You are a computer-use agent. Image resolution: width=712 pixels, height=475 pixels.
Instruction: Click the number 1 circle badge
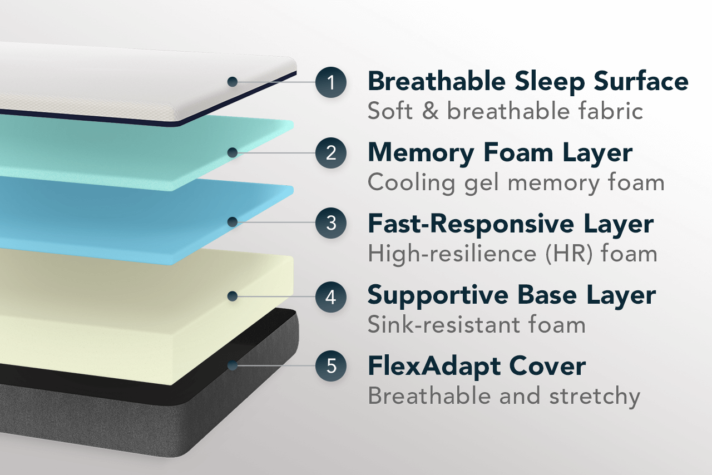pyautogui.click(x=331, y=82)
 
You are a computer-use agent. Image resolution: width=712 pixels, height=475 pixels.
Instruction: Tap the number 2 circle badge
pyautogui.click(x=331, y=152)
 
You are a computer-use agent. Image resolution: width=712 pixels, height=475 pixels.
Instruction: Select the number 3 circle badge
pyautogui.click(x=331, y=223)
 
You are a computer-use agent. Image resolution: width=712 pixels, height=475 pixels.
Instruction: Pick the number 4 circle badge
pyautogui.click(x=331, y=296)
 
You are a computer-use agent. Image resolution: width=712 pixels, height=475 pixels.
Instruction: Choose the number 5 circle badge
pyautogui.click(x=331, y=365)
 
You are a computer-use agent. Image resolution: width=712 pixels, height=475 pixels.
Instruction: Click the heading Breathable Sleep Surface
pyautogui.click(x=528, y=82)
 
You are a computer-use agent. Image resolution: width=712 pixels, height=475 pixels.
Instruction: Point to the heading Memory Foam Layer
pyautogui.click(x=500, y=154)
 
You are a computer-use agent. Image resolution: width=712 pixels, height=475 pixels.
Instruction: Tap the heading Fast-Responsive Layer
pyautogui.click(x=511, y=224)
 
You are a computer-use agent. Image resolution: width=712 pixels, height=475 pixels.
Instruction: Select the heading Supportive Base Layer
pyautogui.click(x=511, y=296)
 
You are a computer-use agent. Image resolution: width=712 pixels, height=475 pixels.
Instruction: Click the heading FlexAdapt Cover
pyautogui.click(x=477, y=367)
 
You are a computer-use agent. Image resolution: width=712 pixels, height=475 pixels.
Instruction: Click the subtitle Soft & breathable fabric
pyautogui.click(x=506, y=111)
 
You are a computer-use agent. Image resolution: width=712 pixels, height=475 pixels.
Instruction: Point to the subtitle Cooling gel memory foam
pyautogui.click(x=516, y=183)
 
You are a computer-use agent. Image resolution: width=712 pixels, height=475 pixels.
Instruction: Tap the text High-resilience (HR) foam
pyautogui.click(x=512, y=254)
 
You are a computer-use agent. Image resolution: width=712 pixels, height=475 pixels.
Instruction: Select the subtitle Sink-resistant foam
pyautogui.click(x=477, y=325)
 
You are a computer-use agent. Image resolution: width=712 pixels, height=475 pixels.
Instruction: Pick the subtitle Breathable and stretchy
pyautogui.click(x=504, y=397)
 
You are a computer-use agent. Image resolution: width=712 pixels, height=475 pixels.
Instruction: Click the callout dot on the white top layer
pyautogui.click(x=233, y=82)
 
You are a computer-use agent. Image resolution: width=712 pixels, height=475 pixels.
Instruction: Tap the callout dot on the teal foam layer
pyautogui.click(x=233, y=152)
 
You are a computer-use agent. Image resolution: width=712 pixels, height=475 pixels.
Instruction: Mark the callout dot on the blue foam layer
pyautogui.click(x=233, y=222)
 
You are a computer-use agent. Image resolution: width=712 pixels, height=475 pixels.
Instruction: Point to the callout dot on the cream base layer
pyautogui.click(x=233, y=296)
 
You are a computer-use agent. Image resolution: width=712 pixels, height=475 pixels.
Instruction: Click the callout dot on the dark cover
pyautogui.click(x=233, y=365)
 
